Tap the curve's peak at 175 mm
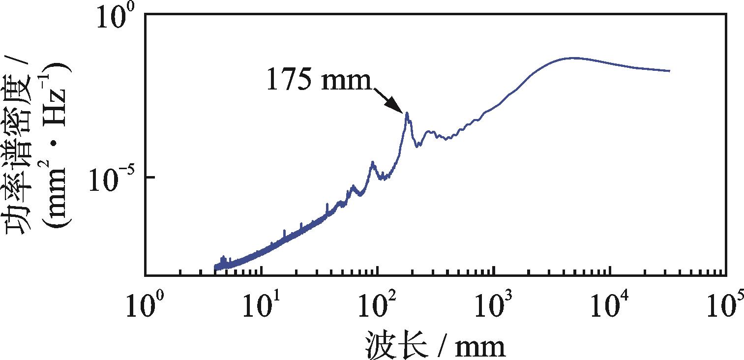click(x=407, y=114)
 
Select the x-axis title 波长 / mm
click(x=435, y=346)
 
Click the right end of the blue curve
click(x=669, y=71)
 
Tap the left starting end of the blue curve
click(x=215, y=268)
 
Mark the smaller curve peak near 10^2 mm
click(x=373, y=162)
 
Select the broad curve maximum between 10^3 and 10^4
click(x=573, y=58)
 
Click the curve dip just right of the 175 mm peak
click(x=418, y=146)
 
